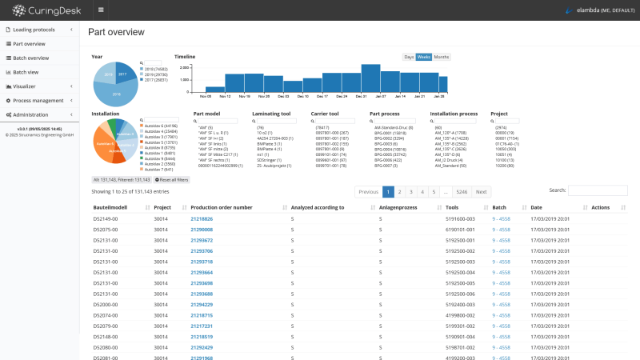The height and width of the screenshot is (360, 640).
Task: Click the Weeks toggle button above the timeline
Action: tap(424, 57)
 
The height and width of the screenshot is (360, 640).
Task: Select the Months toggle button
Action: tap(441, 57)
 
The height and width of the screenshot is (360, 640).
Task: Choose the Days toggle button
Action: tap(409, 57)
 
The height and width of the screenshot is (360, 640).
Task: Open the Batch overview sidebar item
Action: tap(31, 58)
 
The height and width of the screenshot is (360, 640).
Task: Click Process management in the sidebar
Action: tap(38, 100)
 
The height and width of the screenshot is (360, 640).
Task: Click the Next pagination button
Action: tap(481, 192)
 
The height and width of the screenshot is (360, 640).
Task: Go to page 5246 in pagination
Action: tap(462, 192)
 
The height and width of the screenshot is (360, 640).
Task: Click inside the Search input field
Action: tap(598, 191)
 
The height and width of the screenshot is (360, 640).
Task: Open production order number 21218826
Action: tap(202, 218)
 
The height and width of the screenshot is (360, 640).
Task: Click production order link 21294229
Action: tap(202, 304)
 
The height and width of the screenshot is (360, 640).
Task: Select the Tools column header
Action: tap(458, 207)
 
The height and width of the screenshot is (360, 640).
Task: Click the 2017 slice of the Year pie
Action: tap(123, 74)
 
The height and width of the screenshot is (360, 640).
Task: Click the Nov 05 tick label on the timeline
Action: tap(206, 96)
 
